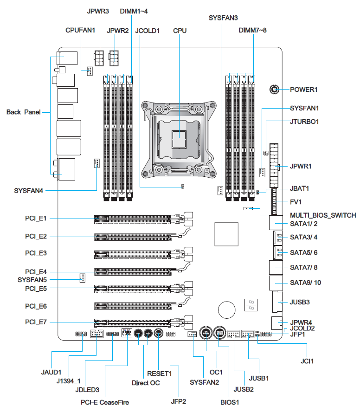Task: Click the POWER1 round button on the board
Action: [274, 90]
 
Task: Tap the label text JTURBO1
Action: [304, 122]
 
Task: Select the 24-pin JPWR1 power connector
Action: [274, 166]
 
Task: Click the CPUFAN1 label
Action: [80, 30]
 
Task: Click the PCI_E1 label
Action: [36, 219]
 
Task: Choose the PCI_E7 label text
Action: [36, 322]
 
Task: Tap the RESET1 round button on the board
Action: [158, 334]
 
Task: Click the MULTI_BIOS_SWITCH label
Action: [323, 215]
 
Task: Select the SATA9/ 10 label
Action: [305, 283]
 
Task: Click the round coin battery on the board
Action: [226, 310]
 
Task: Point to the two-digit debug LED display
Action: [251, 305]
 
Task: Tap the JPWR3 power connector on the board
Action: [99, 58]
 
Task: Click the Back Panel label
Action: [24, 112]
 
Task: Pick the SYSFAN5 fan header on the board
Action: [82, 278]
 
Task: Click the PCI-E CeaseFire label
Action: [105, 402]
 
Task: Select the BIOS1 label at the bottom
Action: [230, 402]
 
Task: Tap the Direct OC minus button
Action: [139, 334]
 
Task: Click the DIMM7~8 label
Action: [252, 30]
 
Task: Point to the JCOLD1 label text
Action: [148, 31]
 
